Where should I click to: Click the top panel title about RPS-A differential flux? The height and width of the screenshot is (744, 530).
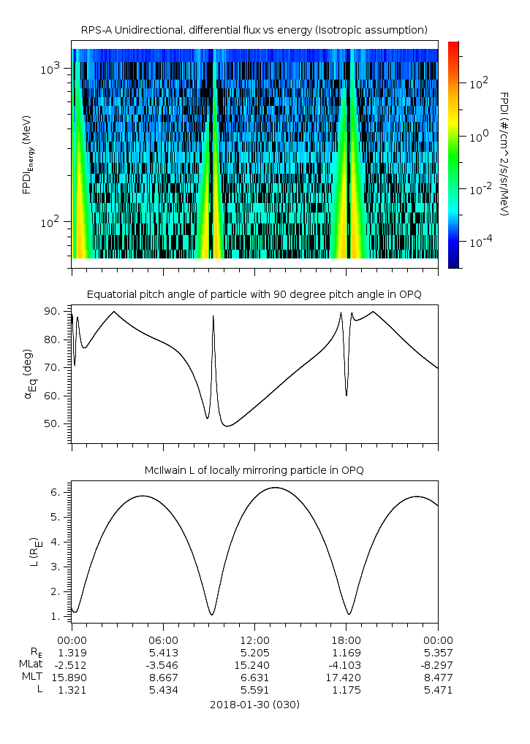254,30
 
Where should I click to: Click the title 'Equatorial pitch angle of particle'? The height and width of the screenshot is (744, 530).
254,294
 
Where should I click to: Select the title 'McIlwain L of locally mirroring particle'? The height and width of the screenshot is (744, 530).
254,470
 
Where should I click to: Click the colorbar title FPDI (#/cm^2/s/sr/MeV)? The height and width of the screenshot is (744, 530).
504,153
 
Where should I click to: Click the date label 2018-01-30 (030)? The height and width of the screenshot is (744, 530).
254,705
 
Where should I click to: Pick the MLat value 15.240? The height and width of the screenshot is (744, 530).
254,664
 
